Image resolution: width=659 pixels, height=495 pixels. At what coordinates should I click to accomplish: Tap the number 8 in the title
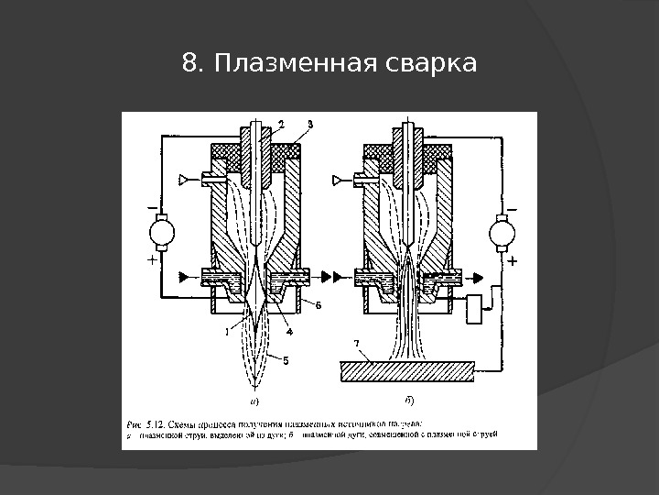(189, 64)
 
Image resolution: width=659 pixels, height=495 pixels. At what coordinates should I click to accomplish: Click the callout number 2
(282, 124)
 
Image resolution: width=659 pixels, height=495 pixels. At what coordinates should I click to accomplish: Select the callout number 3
(311, 124)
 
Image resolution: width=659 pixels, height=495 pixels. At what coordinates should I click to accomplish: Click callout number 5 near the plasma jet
(286, 360)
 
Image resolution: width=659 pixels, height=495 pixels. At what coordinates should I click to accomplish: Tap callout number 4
(288, 330)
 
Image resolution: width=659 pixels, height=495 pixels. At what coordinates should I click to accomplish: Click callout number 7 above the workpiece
(358, 344)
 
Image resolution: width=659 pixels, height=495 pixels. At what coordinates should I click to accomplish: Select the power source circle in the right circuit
(502, 232)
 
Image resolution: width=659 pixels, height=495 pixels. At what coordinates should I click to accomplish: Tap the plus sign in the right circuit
(512, 261)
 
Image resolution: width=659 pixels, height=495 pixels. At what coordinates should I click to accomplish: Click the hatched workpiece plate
(406, 370)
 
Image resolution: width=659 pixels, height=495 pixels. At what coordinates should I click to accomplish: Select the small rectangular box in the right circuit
(479, 309)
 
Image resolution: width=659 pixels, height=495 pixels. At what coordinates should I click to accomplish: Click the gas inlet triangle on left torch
(187, 178)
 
